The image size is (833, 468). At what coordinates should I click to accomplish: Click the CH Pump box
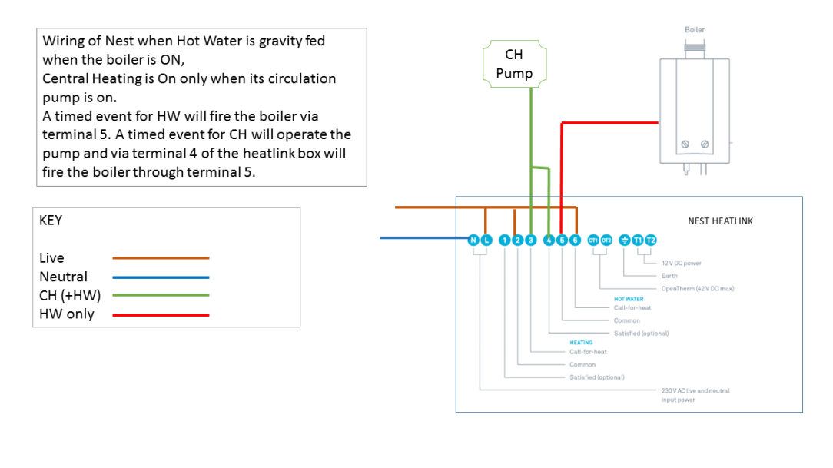pos(514,65)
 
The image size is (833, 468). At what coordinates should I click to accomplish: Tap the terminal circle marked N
pos(473,241)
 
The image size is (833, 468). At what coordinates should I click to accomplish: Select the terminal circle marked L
pos(486,241)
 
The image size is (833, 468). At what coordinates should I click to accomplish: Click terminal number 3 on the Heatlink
pos(530,241)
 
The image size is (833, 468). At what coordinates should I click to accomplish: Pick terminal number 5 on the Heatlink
pos(562,241)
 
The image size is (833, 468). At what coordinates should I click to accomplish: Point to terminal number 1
pos(505,241)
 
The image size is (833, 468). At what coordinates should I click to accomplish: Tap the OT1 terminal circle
pos(593,241)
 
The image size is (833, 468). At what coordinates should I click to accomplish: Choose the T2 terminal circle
pos(651,241)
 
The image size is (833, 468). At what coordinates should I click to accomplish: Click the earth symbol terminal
pos(625,241)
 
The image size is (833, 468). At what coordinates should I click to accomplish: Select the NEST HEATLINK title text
pos(720,221)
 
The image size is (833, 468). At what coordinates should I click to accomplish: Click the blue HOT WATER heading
pos(629,299)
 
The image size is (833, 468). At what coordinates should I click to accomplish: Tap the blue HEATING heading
pos(581,343)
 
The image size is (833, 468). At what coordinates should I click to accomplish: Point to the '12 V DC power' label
pos(682,263)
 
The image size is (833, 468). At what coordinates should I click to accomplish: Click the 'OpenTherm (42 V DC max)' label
pos(698,288)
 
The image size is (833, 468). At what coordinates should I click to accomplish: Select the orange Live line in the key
pos(161,258)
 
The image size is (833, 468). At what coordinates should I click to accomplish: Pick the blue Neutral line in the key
pos(161,277)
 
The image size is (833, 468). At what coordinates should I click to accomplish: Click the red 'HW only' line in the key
pos(161,314)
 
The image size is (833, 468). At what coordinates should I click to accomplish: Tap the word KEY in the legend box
pos(51,221)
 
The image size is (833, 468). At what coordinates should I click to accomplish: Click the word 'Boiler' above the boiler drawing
pos(695,30)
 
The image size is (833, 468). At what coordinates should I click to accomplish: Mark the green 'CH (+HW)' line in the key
pos(161,295)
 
